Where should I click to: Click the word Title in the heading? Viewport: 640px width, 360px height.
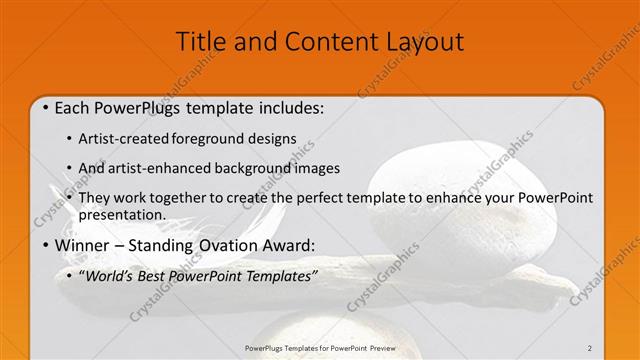[198, 42]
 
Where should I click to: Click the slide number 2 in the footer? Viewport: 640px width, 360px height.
[590, 348]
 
